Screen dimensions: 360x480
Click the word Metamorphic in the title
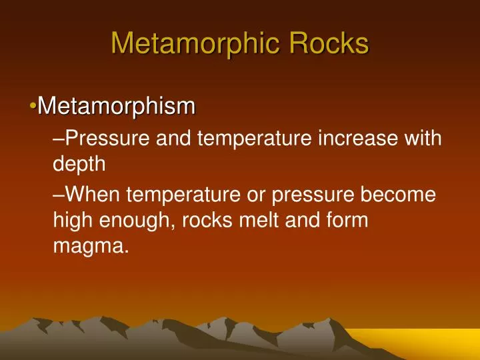point(193,43)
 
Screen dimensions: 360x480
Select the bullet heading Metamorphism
point(117,106)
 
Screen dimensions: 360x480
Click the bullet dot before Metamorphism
point(33,107)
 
